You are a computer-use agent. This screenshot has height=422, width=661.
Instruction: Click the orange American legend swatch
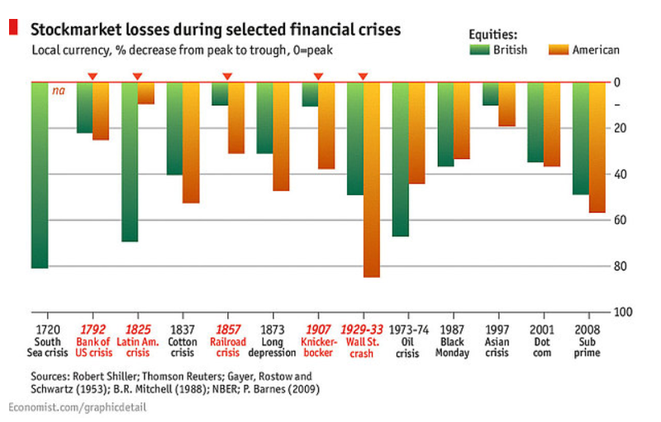559,50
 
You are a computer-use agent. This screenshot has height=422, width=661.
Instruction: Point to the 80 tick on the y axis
617,266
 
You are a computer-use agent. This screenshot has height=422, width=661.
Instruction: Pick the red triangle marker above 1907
318,77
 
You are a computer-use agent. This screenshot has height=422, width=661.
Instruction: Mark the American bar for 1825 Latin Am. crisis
146,93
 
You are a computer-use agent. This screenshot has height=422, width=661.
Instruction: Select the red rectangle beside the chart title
13,27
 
